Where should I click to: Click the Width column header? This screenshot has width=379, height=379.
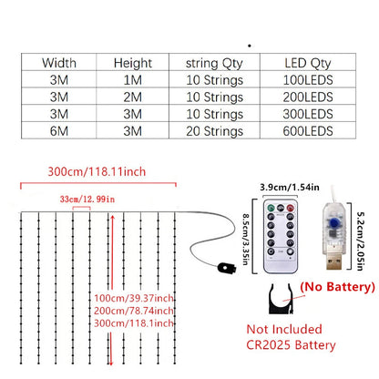pyautogui.click(x=59, y=63)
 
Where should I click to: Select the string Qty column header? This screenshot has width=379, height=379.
pyautogui.click(x=214, y=64)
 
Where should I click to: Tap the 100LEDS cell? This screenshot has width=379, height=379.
pyautogui.click(x=308, y=80)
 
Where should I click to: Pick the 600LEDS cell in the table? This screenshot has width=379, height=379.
pyautogui.click(x=308, y=131)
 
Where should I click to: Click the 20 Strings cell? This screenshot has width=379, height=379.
pyautogui.click(x=214, y=131)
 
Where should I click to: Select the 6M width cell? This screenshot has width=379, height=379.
pyautogui.click(x=59, y=131)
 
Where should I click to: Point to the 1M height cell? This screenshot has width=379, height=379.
pyautogui.click(x=133, y=80)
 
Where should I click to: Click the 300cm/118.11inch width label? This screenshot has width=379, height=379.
pyautogui.click(x=97, y=171)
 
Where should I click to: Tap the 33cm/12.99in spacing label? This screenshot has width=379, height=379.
pyautogui.click(x=87, y=200)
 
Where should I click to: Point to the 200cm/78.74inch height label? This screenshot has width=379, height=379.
pyautogui.click(x=134, y=311)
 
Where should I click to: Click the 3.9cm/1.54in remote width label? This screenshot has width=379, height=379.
pyautogui.click(x=290, y=187)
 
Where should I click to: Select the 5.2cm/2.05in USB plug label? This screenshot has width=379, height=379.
pyautogui.click(x=360, y=241)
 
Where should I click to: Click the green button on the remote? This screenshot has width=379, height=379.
pyautogui.click(x=271, y=209)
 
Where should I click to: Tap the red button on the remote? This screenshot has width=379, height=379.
pyautogui.click(x=291, y=209)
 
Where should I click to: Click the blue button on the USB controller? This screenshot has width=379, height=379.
pyautogui.click(x=333, y=223)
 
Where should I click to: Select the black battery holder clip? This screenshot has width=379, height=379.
pyautogui.click(x=281, y=299)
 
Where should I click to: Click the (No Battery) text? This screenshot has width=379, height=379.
pyautogui.click(x=337, y=287)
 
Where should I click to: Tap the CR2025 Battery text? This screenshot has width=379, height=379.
pyautogui.click(x=291, y=345)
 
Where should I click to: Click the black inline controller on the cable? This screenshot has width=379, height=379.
pyautogui.click(x=227, y=268)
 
